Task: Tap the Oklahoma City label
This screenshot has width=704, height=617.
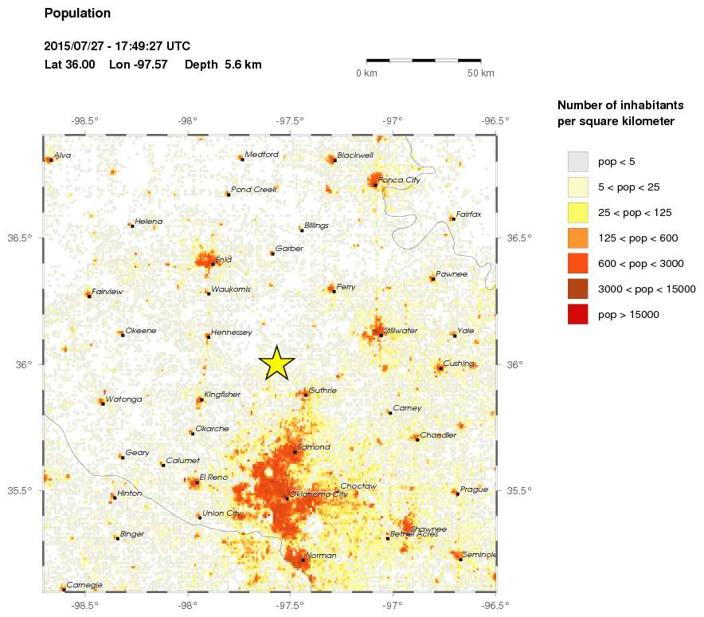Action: pos(319,494)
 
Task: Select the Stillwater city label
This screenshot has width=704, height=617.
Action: pos(401,330)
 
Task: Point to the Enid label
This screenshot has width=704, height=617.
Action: pos(223,260)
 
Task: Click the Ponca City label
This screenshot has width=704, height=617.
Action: pos(399,179)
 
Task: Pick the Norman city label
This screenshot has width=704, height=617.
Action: pos(321,555)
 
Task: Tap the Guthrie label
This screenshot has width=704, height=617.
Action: pos(323,391)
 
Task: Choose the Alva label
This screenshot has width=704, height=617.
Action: pos(63,155)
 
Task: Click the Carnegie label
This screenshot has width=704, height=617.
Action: pos(84,585)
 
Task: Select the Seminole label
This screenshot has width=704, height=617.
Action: pos(479,555)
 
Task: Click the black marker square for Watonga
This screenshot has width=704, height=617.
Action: pos(103,403)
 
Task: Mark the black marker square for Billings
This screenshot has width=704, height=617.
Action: pos(301,230)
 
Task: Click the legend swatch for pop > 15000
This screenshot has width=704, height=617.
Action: pos(577,314)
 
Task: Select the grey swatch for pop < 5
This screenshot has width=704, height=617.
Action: pos(577,161)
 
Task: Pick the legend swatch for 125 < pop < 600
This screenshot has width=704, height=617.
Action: pos(577,238)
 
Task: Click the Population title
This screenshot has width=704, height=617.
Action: pos(77,14)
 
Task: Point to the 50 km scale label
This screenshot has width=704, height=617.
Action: pos(481,73)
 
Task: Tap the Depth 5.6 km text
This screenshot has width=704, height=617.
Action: pos(223,65)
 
